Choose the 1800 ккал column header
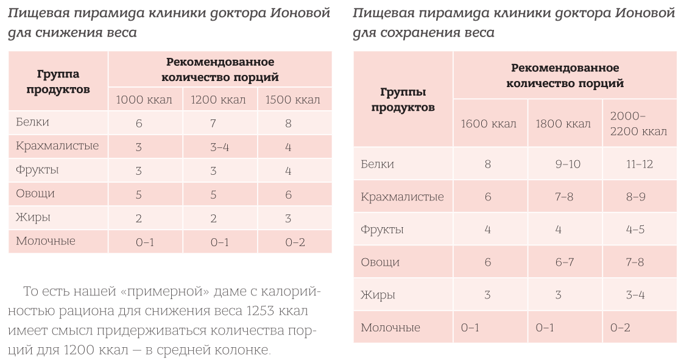point(563,124)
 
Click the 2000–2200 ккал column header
point(638,124)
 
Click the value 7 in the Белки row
point(213,123)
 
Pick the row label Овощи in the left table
point(35,194)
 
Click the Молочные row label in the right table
point(390,328)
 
